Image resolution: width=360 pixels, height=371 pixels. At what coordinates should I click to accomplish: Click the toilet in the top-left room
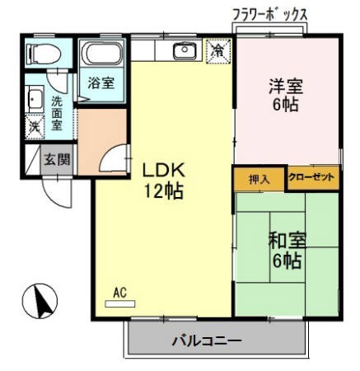40,54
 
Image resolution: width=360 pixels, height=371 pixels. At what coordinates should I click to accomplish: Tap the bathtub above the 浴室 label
101,55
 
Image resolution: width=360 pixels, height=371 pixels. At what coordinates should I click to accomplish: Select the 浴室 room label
101,83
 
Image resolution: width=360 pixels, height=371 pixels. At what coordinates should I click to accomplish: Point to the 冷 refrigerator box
218,50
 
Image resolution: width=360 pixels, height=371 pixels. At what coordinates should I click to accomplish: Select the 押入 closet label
259,178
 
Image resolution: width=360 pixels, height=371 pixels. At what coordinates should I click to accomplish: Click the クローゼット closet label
312,178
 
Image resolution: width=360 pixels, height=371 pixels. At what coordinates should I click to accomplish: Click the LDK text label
166,171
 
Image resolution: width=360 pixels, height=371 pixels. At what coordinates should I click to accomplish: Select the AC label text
119,292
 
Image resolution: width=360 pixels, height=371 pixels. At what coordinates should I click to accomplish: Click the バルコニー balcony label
207,340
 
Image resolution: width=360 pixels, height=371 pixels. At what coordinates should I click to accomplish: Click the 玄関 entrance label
57,159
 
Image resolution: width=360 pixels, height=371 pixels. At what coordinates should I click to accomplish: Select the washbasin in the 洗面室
34,101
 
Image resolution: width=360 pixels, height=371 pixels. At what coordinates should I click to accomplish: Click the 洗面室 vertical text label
56,113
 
